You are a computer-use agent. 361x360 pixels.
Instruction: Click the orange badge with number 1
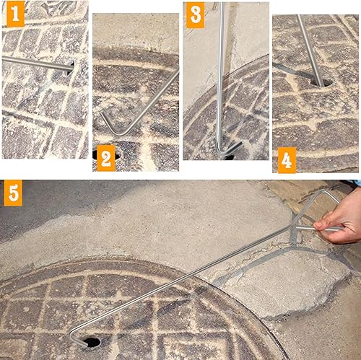(15, 14)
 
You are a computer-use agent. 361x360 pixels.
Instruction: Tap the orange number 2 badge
(106, 158)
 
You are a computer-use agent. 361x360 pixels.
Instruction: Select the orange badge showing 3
(196, 15)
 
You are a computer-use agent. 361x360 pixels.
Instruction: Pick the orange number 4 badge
(287, 160)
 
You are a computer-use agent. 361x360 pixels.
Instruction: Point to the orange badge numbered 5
(13, 193)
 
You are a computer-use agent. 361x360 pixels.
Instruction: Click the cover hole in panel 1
(71, 67)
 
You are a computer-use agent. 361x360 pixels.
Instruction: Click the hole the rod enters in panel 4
(321, 83)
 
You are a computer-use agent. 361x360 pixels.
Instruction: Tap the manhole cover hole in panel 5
(92, 342)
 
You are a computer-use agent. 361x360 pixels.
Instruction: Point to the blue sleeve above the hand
(359, 183)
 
